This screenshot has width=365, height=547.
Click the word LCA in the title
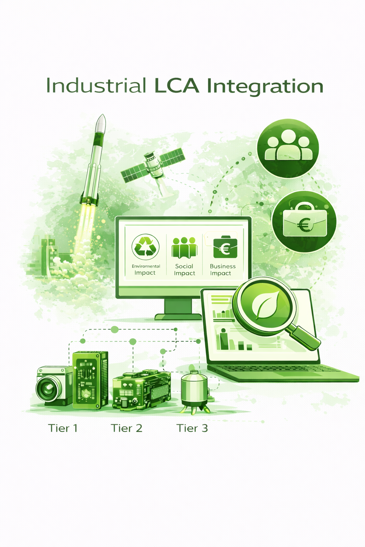[176, 86]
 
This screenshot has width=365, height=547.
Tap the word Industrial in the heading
[96, 85]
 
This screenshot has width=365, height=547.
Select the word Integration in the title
[265, 87]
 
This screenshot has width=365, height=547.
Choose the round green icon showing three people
[288, 148]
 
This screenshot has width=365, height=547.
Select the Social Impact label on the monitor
[184, 270]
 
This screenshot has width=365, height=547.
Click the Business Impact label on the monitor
[222, 270]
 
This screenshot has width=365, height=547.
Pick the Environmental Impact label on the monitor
[146, 270]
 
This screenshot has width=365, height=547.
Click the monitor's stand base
[178, 317]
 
